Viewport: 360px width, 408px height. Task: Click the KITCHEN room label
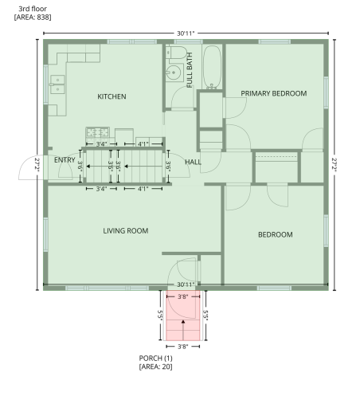[x=112, y=96]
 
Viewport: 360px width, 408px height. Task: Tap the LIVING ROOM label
[x=126, y=231]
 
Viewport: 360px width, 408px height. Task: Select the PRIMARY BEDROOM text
[x=274, y=93]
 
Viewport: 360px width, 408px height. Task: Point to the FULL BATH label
[x=190, y=70]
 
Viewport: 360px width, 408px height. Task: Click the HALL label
[x=193, y=162]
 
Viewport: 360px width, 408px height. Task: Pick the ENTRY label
[x=65, y=160]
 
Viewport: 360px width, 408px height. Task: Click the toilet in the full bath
[x=176, y=53]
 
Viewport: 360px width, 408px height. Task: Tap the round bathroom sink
[x=174, y=73]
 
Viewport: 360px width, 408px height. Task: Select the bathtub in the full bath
[x=212, y=67]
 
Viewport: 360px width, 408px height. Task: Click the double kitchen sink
[x=57, y=84]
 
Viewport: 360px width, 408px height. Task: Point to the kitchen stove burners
[x=97, y=132]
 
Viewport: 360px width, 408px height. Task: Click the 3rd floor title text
[x=33, y=9]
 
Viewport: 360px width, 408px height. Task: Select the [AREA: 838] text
[x=33, y=18]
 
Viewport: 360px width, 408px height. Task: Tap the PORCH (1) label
[x=155, y=359]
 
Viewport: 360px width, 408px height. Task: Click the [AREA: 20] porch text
[x=155, y=367]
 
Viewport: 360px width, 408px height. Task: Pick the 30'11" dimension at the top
[x=186, y=33]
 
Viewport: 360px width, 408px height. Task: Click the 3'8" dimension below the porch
[x=183, y=347]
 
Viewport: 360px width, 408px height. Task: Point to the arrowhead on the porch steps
[x=183, y=322]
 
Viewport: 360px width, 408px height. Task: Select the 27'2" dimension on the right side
[x=335, y=165]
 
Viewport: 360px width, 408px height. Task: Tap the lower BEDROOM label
[x=276, y=235]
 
